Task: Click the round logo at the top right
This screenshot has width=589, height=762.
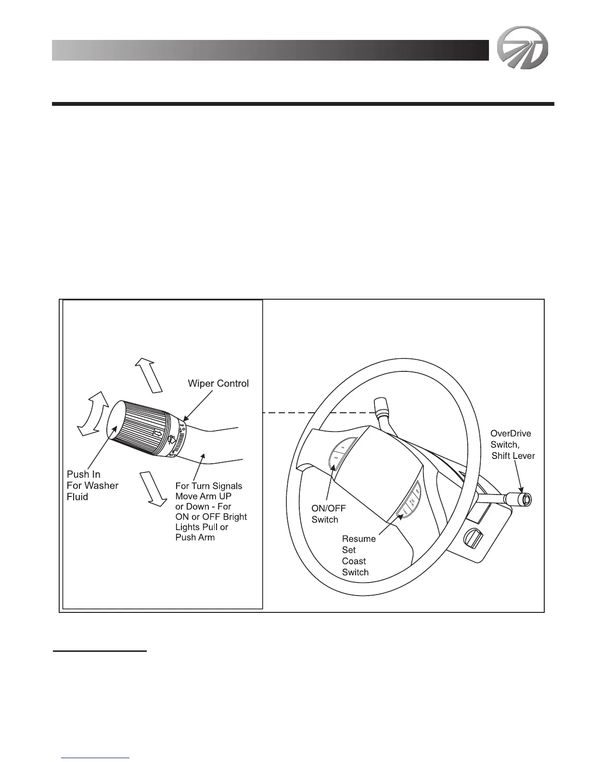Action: click(x=522, y=50)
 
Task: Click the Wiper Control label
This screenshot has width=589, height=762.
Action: click(x=218, y=383)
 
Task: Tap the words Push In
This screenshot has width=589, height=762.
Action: click(x=84, y=474)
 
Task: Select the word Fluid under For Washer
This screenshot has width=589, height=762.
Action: click(x=77, y=497)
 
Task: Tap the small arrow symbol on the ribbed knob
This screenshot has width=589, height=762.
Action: click(x=157, y=433)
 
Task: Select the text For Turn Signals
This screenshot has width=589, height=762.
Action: click(x=209, y=486)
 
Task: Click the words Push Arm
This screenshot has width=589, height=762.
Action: click(x=195, y=537)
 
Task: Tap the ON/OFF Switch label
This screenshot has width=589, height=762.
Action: click(x=329, y=514)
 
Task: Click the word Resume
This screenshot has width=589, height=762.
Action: click(x=359, y=539)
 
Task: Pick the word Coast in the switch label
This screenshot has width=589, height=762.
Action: click(x=354, y=561)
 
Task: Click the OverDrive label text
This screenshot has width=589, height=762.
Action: click(x=511, y=433)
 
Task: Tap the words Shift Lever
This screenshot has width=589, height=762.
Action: click(x=513, y=456)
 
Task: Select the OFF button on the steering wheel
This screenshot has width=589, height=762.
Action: click(x=336, y=458)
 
